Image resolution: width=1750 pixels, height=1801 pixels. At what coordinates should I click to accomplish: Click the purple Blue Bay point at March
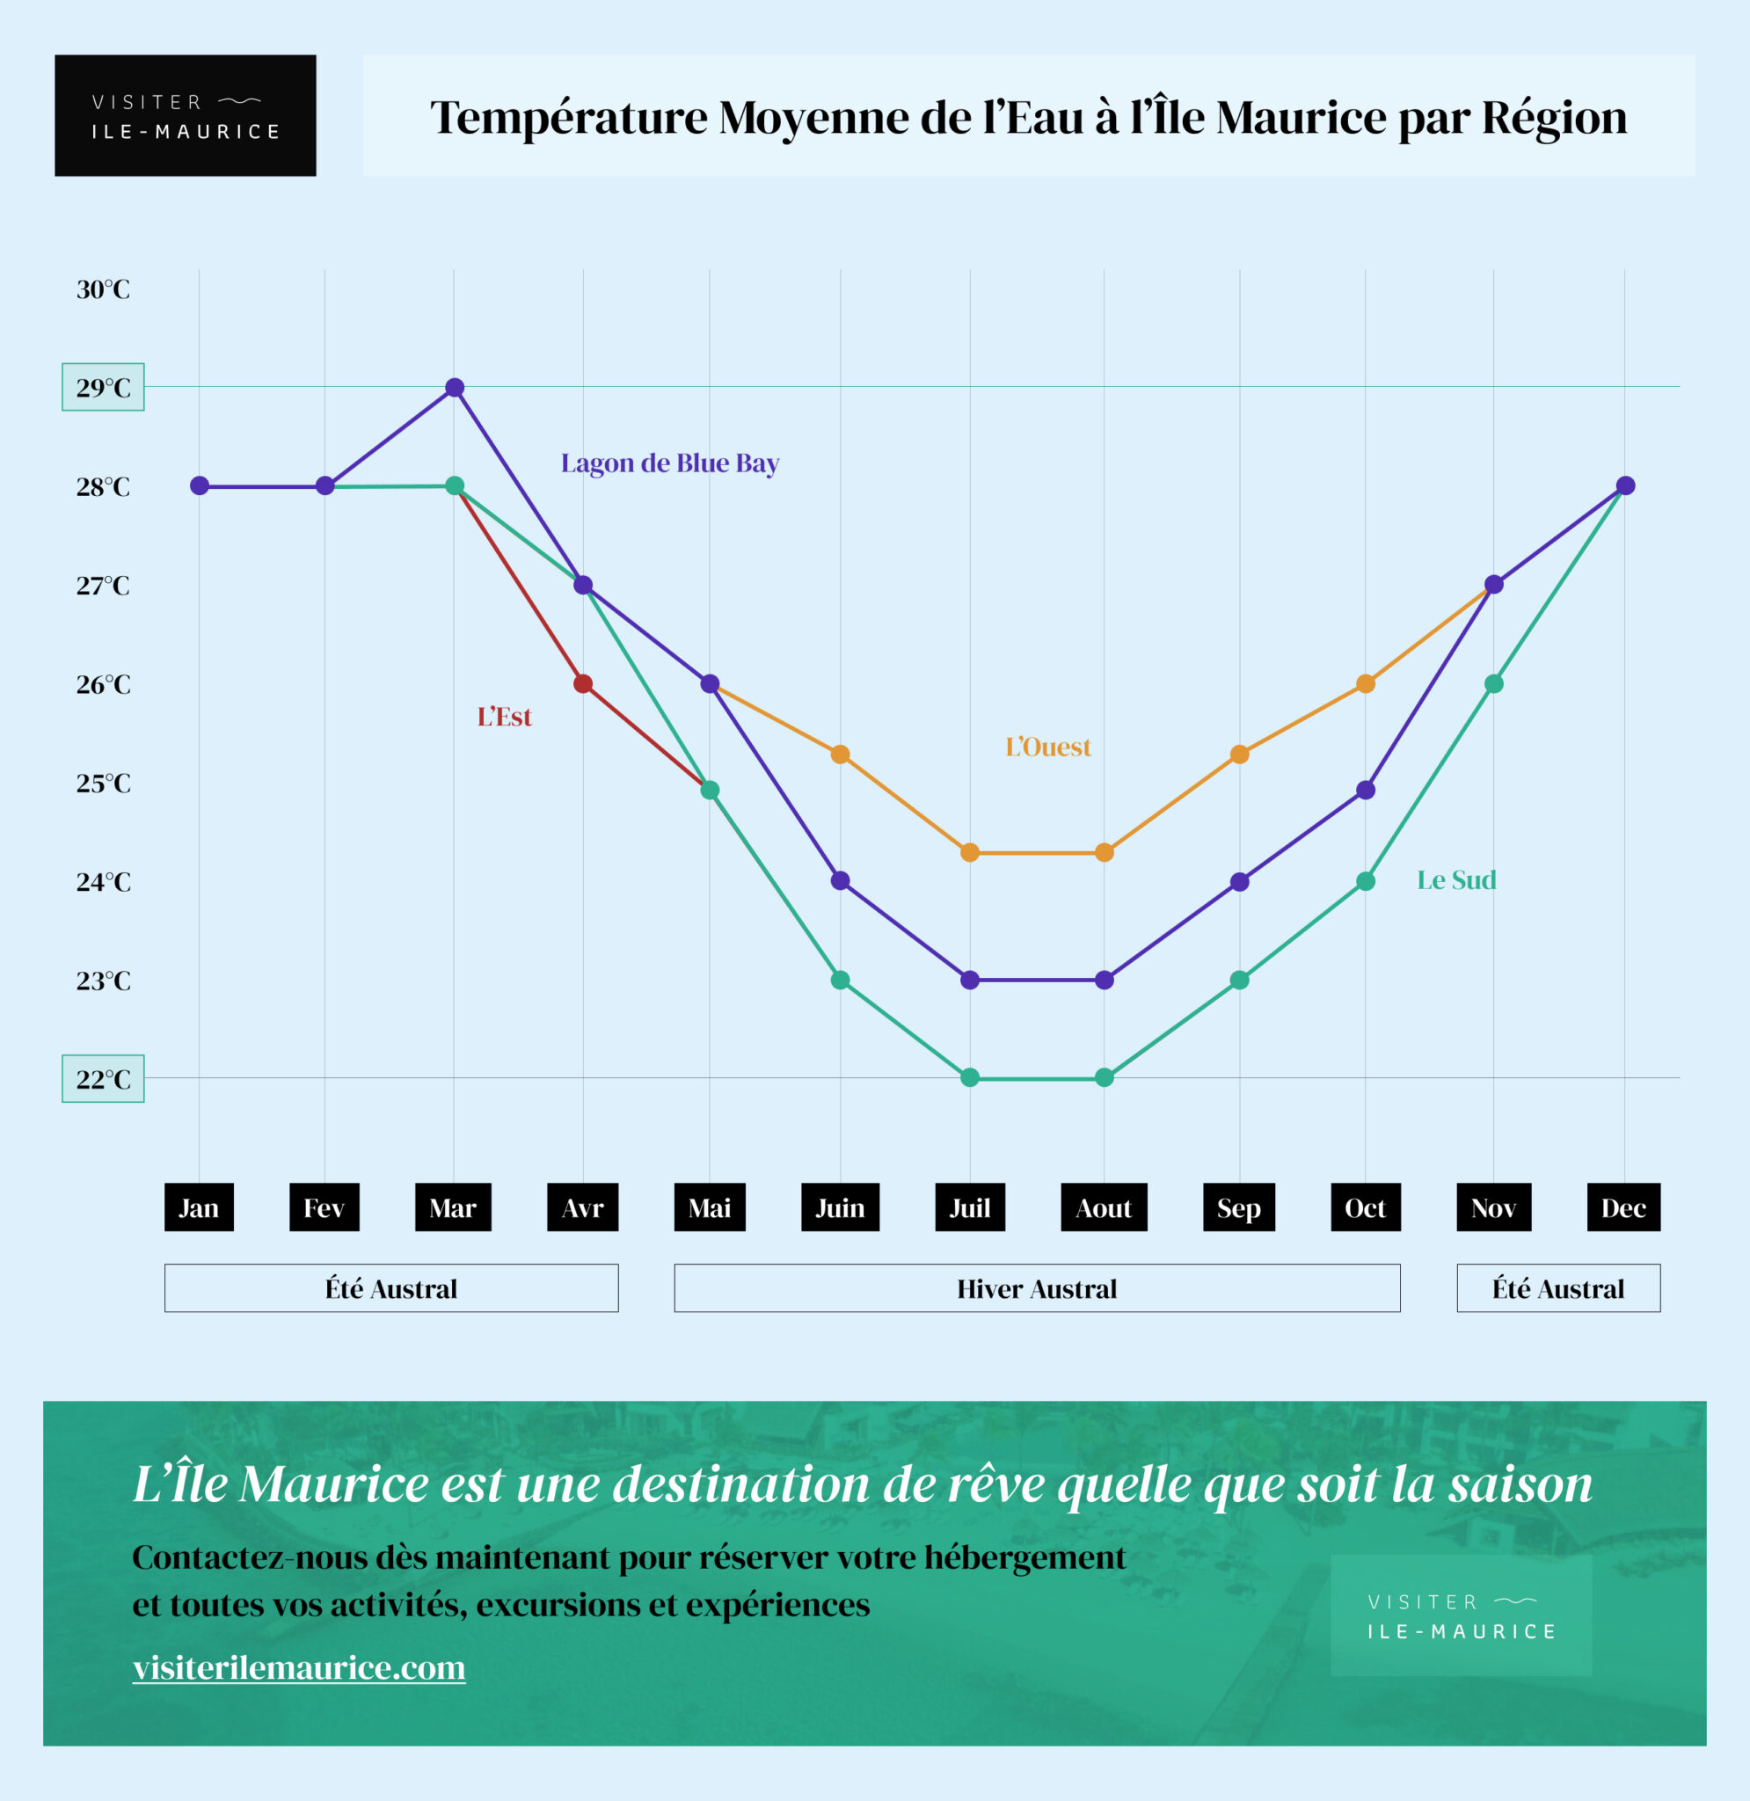pos(454,387)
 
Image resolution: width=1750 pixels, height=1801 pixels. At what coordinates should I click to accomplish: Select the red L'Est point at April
pos(583,683)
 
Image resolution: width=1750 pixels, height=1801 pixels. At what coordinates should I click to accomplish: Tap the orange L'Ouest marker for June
pos(840,755)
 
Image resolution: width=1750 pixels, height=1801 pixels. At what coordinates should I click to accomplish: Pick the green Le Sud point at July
pos(970,1078)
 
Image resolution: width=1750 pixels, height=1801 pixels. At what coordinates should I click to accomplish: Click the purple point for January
pos(200,486)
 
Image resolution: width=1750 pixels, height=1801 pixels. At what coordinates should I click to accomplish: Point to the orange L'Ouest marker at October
pos(1366,683)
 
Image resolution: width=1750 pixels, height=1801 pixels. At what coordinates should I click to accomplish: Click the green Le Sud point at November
pos(1493,683)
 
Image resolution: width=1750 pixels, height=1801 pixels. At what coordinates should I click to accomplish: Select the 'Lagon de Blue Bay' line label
pos(670,463)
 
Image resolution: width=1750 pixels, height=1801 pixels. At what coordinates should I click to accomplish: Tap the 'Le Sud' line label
pos(1456,880)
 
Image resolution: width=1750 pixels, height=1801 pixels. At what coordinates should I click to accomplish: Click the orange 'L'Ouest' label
pos(1047,747)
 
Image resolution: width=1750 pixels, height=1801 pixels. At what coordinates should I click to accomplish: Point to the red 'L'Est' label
pos(504,717)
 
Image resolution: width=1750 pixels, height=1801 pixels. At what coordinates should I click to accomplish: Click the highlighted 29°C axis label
pos(103,388)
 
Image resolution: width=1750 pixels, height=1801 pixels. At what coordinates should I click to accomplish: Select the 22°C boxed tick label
pos(103,1079)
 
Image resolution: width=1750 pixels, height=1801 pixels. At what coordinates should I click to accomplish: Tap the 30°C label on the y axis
pos(103,289)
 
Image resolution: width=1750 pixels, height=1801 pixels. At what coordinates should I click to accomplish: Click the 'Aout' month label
pos(1104,1207)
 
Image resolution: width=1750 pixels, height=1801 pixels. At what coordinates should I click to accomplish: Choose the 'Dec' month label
pos(1623,1207)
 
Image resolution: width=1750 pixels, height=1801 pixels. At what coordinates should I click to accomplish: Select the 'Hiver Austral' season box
pos(1037,1288)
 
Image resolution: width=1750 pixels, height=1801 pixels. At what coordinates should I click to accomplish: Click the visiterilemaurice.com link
pos(299,1666)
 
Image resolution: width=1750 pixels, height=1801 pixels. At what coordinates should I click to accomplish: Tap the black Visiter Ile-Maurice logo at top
pos(186,116)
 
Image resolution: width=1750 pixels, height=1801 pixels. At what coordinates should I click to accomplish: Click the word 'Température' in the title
pos(569,118)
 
